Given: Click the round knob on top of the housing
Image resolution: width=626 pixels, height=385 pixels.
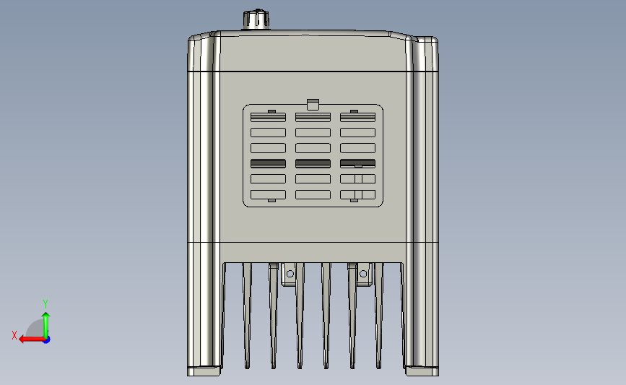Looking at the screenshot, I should tap(254, 20).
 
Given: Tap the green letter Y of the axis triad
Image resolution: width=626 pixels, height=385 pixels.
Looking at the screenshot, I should tap(45, 303).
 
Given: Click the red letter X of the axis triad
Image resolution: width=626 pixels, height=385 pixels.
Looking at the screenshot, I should tap(14, 335).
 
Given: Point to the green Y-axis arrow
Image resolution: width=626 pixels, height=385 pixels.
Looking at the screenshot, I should tap(46, 322).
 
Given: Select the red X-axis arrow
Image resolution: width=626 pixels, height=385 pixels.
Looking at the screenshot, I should tap(29, 339).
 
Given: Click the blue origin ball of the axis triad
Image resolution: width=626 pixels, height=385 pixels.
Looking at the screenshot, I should tap(46, 339).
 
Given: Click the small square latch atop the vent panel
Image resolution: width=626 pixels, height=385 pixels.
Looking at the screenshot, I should tap(313, 103).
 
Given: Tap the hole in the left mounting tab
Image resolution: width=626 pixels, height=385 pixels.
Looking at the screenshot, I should tap(290, 274).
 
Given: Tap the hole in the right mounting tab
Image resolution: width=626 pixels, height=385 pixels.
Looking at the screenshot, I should tap(362, 274).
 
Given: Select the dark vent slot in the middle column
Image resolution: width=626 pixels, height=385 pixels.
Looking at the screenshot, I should tap(313, 163).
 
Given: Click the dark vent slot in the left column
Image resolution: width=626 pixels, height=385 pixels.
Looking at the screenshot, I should tap(268, 163).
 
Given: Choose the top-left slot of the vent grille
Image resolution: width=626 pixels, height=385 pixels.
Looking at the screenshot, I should tap(268, 117).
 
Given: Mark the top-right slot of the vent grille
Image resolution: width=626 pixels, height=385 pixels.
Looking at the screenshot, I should tap(357, 117).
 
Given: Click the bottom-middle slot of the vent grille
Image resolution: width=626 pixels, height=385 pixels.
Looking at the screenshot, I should tap(313, 194).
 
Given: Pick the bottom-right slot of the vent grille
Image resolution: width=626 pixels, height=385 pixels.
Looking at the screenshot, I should tap(357, 194).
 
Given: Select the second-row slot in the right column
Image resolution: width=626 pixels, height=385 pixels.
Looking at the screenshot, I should tap(357, 132).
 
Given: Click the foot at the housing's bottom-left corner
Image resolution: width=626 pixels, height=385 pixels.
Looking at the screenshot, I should tap(204, 371).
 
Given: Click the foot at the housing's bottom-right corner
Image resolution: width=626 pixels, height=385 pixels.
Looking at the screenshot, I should tap(422, 371).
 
